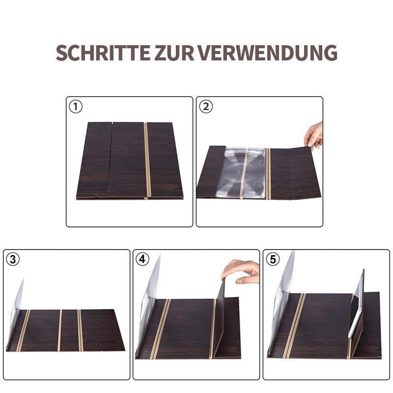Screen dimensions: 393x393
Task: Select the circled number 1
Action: (76, 106)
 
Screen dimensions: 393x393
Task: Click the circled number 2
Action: (206, 106)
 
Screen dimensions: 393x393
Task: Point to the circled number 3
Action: (13, 259)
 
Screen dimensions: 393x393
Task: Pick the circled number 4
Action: (142, 259)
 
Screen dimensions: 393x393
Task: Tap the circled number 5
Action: (273, 259)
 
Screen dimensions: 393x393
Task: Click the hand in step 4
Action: (242, 271)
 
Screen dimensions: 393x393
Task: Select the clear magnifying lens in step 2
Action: (241, 172)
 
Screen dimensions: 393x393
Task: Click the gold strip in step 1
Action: (147, 160)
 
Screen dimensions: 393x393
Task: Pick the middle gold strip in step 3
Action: (60, 330)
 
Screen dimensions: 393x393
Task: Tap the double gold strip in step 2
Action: (268, 173)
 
